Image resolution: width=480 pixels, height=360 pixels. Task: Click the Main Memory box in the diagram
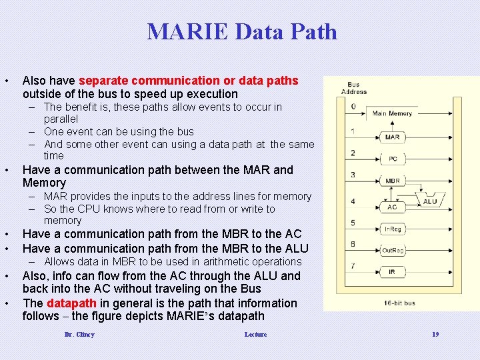point(392,113)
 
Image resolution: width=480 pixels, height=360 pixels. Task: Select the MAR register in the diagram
point(392,137)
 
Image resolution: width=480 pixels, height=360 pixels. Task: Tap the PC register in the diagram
point(392,159)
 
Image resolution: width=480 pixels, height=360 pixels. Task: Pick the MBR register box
point(392,181)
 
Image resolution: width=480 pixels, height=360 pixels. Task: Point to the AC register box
point(392,207)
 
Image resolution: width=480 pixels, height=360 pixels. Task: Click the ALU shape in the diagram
point(429,201)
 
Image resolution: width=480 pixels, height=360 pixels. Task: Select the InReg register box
point(392,229)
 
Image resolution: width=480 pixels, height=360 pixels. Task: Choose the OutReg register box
point(392,250)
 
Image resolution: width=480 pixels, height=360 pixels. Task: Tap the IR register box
point(392,272)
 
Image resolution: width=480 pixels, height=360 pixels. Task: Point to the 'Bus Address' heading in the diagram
point(353,89)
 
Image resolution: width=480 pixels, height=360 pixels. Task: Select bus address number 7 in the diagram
point(353,266)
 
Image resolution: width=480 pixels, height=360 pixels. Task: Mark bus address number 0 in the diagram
point(353,106)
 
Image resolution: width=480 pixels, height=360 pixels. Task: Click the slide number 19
point(435,335)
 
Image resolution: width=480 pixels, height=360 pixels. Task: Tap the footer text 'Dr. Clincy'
point(79,335)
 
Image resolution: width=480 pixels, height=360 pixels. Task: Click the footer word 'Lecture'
point(255,335)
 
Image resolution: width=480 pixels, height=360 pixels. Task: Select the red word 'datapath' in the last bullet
point(69,303)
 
